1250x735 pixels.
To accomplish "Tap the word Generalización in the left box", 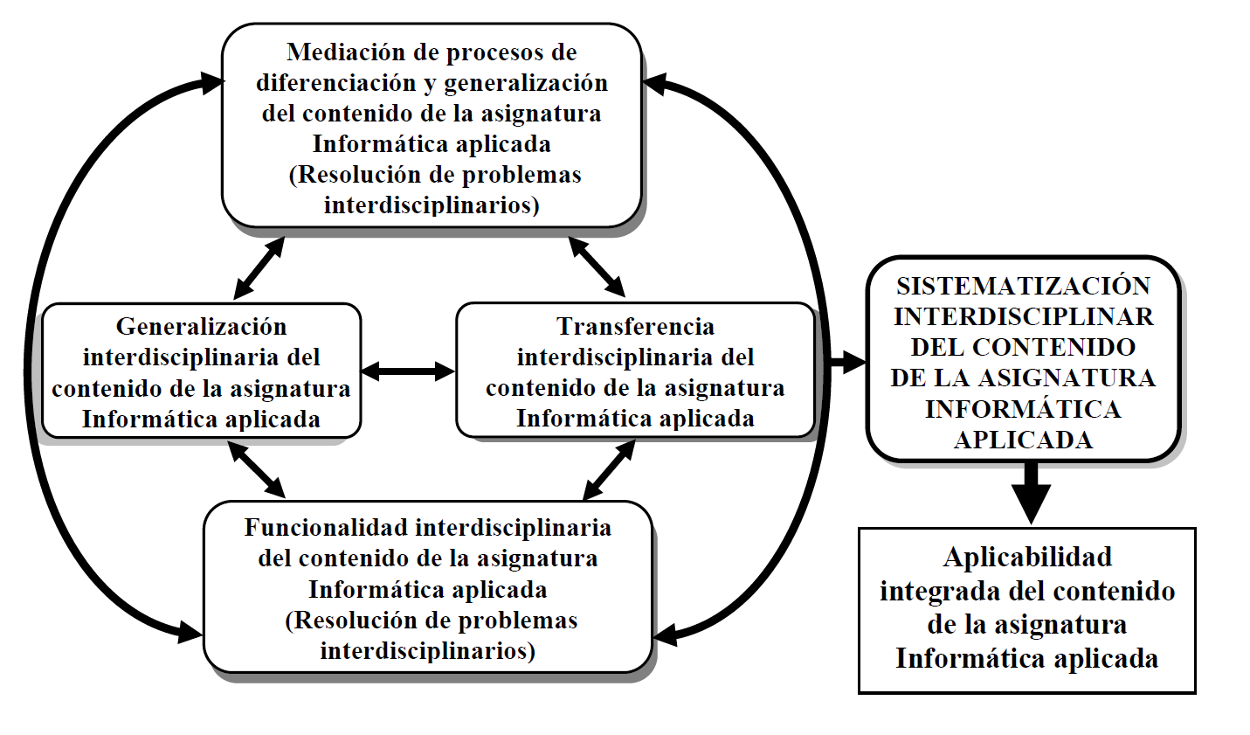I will [201, 327].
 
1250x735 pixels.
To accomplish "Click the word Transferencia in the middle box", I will [635, 327].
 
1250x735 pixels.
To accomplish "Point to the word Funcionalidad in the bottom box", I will [326, 528].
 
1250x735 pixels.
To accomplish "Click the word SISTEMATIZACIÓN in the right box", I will [1023, 286].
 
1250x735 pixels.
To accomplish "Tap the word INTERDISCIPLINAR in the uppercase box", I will [1023, 316].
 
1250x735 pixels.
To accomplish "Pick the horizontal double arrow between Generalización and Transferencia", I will [408, 371].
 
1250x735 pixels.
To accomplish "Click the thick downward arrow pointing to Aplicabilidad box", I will [1031, 493].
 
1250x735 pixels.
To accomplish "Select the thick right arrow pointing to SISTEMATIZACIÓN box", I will [843, 362].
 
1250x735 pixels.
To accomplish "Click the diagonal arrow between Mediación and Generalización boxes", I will [259, 267].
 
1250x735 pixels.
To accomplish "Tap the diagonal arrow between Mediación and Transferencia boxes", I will [597, 266].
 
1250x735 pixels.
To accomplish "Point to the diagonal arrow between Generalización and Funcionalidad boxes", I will [256, 469].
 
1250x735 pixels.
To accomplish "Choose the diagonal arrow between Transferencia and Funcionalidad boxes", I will [609, 470].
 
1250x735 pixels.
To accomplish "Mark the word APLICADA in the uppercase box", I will [1023, 440].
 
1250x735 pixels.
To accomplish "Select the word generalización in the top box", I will [526, 83].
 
